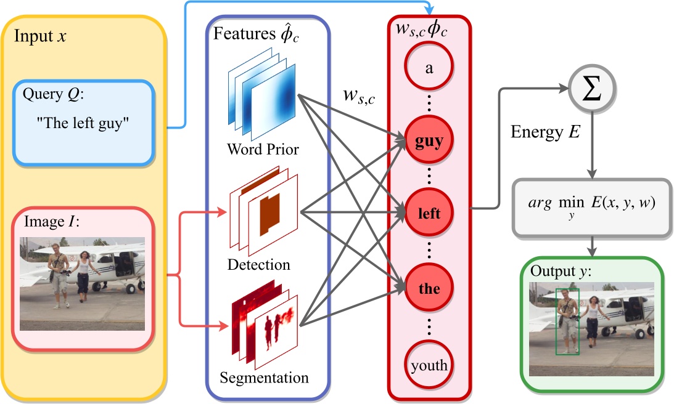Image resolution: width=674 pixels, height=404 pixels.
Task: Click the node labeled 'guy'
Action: [429, 142]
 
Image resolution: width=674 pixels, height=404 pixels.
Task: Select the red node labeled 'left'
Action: [429, 214]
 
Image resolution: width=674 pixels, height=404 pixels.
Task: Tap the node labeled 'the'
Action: [429, 288]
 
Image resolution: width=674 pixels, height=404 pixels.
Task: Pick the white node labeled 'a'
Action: [429, 68]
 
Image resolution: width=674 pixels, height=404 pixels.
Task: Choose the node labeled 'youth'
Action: [429, 365]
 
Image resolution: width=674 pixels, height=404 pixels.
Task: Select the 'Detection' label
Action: [258, 265]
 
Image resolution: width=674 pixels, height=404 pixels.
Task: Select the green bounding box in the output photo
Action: [567, 321]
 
